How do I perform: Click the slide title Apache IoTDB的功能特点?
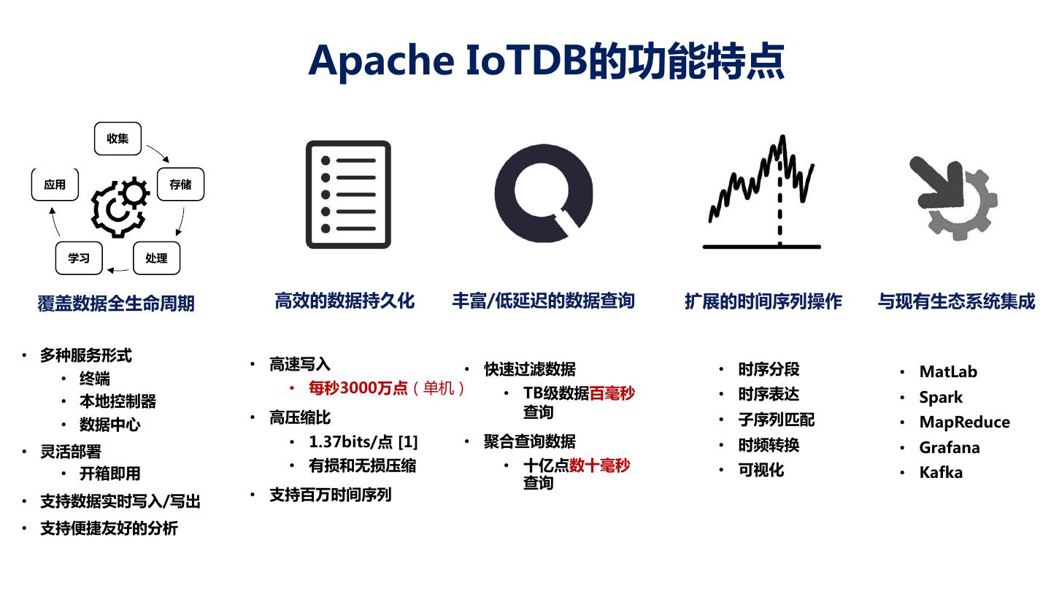[546, 60]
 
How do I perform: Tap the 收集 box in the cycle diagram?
[118, 139]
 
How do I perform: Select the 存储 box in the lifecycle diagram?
[180, 185]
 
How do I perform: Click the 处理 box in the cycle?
[156, 258]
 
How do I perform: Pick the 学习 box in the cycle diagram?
[79, 258]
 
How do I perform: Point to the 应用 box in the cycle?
[55, 185]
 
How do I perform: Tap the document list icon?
[348, 195]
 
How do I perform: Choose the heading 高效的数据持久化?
[344, 301]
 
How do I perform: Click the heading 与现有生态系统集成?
[956, 301]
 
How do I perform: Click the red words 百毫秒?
[612, 393]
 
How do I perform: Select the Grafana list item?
[949, 447]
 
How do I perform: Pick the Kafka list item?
[941, 472]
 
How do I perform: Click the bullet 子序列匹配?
[776, 420]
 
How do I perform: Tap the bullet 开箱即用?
[109, 474]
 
